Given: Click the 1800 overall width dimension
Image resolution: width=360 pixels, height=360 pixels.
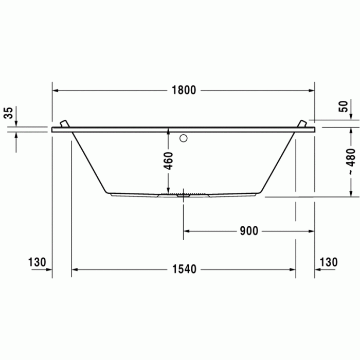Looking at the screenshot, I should (x=184, y=90).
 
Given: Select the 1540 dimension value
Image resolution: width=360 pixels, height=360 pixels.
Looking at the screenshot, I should (x=184, y=269).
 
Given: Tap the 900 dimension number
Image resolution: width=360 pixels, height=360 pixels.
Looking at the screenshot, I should (x=248, y=231).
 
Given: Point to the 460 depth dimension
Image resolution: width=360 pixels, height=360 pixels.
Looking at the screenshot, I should (x=169, y=161).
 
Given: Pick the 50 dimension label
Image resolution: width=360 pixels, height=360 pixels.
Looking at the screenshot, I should (x=343, y=106).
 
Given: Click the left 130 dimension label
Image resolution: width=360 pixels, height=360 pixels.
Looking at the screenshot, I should (x=37, y=262).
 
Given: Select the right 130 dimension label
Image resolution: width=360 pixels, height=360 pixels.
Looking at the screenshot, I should (x=328, y=262).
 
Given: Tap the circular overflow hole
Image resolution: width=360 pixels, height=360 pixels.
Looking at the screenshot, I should (x=184, y=138).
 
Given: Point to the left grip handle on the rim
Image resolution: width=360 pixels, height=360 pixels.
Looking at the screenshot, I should (x=64, y=124).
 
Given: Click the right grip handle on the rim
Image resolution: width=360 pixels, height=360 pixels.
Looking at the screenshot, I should (x=302, y=124).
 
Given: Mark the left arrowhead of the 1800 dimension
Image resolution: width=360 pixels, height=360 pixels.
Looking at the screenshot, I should (x=55, y=90).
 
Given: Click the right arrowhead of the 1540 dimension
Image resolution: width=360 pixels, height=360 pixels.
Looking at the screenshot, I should (x=293, y=269).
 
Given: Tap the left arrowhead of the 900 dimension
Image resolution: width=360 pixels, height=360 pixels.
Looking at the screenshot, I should (x=187, y=231).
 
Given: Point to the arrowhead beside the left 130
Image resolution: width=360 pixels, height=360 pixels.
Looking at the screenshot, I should (x=49, y=269).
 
